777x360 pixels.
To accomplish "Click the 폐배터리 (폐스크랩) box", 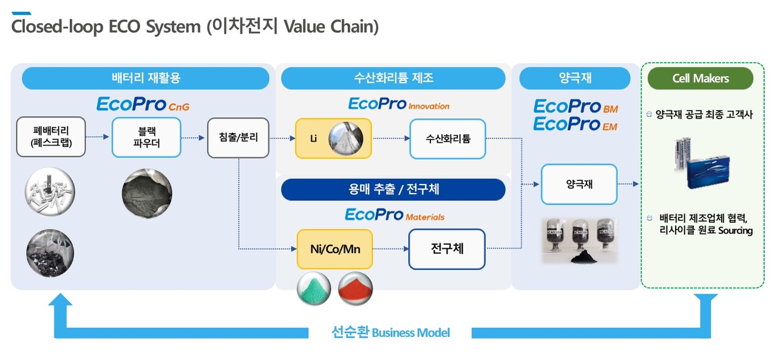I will (x=51, y=138).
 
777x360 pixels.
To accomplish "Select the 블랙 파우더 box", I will (x=146, y=138).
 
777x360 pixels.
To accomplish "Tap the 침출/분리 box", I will (x=238, y=138).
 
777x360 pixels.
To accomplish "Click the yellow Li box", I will (x=333, y=138).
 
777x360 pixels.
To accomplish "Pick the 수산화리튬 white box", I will (x=447, y=138).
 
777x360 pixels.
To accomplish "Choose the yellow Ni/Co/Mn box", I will (x=334, y=249).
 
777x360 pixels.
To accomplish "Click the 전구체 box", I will (x=447, y=249).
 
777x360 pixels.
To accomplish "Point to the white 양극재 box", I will (x=579, y=184).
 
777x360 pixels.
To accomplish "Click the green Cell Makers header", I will (x=700, y=78).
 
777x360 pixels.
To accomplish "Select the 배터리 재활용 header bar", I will (x=146, y=78).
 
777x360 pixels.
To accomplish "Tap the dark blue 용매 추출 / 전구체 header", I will (x=393, y=189).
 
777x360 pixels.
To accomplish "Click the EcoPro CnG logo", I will (x=143, y=104).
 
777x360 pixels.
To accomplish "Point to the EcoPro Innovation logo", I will (x=399, y=104).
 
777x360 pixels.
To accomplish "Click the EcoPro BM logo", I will (x=575, y=107).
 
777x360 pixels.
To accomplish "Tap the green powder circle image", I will (x=314, y=288).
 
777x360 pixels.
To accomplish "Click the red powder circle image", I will (x=355, y=288).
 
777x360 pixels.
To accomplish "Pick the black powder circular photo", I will (x=146, y=194).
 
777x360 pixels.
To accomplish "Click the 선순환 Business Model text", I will (x=390, y=333).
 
